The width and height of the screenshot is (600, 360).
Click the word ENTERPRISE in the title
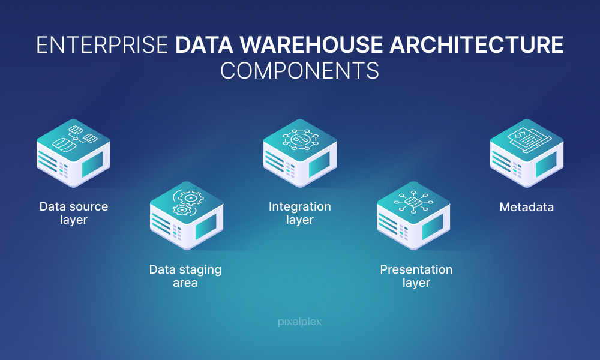(102, 45)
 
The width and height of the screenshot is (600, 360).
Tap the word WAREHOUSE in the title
(311, 45)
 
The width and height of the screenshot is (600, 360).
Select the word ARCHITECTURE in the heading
(476, 45)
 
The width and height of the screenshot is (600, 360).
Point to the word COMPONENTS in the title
(299, 71)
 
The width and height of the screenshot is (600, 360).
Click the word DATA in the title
(205, 45)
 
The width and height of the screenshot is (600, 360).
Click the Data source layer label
(74, 213)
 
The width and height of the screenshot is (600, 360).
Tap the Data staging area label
(185, 276)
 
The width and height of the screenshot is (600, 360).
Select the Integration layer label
(299, 213)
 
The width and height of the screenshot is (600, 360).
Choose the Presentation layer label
(416, 276)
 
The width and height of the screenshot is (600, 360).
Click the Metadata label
(527, 207)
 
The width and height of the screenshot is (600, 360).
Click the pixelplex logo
(299, 322)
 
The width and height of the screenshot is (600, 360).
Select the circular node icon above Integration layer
(300, 139)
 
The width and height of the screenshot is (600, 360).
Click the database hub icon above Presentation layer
(413, 202)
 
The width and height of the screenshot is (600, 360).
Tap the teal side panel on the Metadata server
(546, 164)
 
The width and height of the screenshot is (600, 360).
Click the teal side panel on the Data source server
(92, 164)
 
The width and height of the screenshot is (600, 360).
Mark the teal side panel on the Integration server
(319, 164)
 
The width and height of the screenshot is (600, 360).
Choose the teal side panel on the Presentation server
(433, 227)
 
